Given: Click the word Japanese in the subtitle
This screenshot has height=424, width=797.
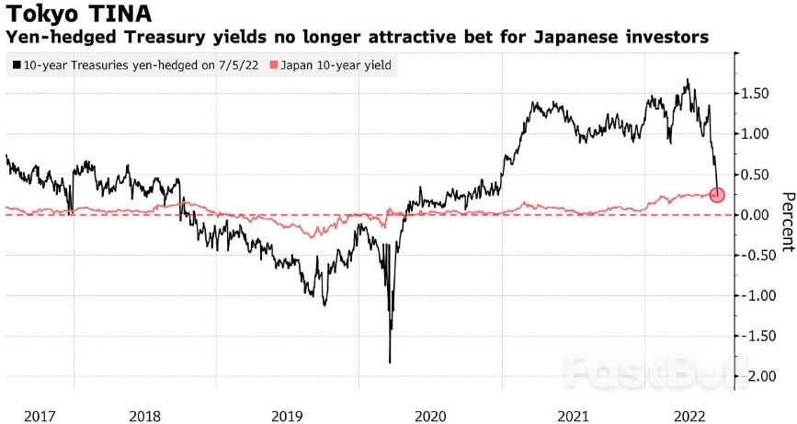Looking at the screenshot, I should click(574, 39).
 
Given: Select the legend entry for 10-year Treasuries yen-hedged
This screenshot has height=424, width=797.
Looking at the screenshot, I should click(134, 65).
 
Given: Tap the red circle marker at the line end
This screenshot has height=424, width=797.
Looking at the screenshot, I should click(718, 194).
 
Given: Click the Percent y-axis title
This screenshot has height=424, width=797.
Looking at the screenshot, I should click(787, 222).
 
